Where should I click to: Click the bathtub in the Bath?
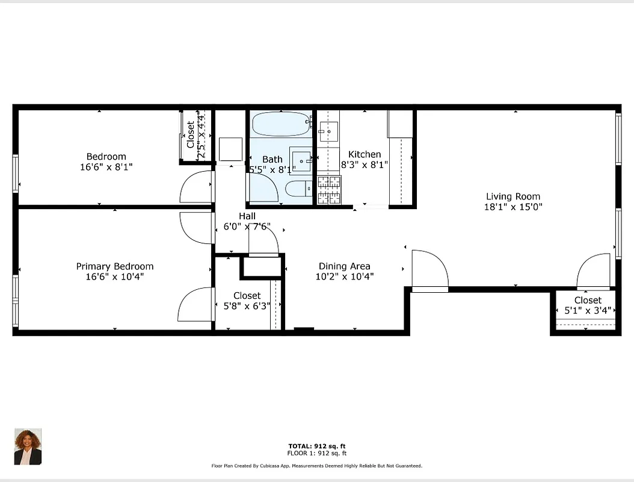[x=280, y=125]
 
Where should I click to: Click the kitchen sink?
[x=328, y=131]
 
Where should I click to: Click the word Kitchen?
[x=365, y=154]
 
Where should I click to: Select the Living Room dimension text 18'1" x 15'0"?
[x=513, y=207]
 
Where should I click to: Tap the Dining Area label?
[x=344, y=266]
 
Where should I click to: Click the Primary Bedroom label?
[x=114, y=266]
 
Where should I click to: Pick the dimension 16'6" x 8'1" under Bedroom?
[x=106, y=167]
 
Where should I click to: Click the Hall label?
[x=247, y=216]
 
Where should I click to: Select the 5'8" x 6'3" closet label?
[x=247, y=305]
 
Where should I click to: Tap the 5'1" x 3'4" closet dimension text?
[x=587, y=311]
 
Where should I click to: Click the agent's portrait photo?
[x=28, y=446]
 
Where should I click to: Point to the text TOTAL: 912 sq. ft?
[x=317, y=446]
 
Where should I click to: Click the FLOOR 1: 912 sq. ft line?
[x=317, y=453]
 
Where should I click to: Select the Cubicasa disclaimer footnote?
[x=317, y=466]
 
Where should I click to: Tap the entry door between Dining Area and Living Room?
[x=429, y=271]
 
